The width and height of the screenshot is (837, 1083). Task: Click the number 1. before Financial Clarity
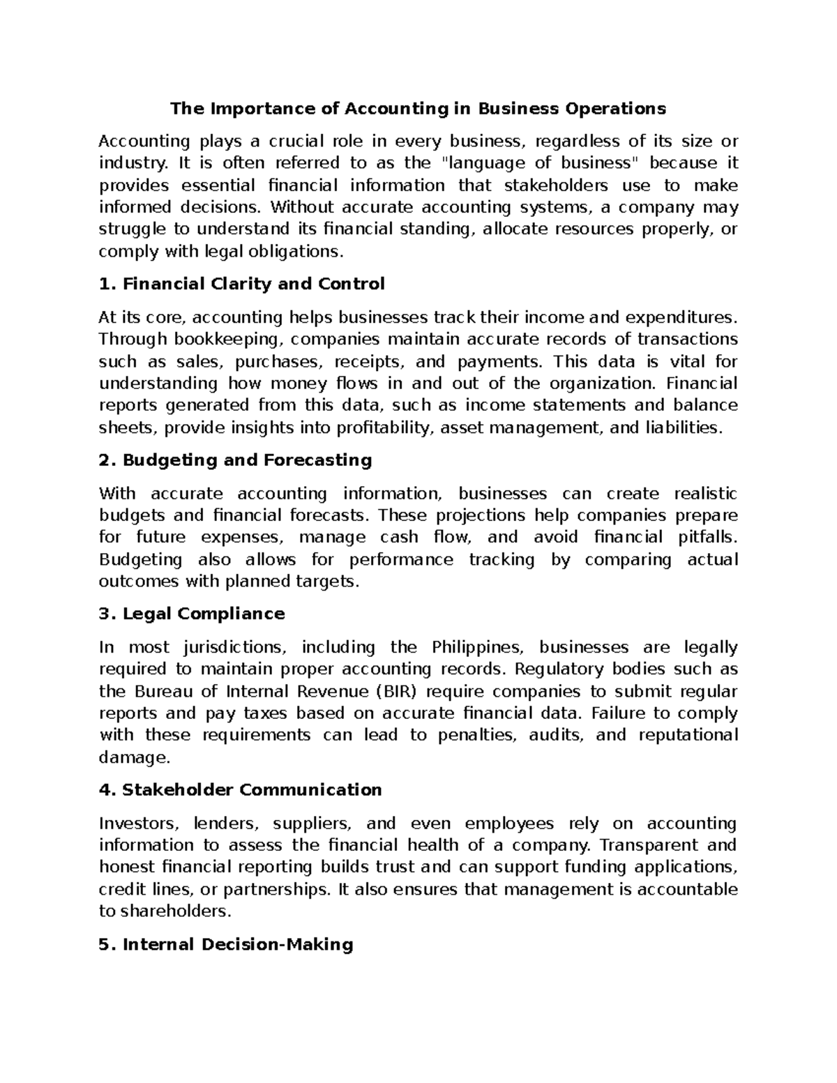(106, 285)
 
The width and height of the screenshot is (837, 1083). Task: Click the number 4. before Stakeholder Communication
(106, 791)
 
